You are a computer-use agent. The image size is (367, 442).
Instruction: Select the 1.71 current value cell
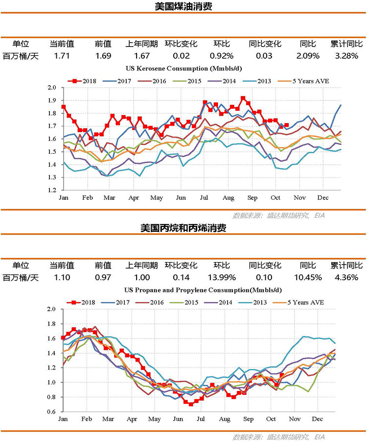62,56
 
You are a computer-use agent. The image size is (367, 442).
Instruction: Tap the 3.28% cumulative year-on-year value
346,56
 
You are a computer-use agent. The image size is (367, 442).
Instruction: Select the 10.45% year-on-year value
309,277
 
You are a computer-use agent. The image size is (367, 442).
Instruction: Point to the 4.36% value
346,277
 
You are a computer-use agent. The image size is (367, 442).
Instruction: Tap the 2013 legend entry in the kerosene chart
260,80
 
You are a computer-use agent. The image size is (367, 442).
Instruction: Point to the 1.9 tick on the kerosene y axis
52,100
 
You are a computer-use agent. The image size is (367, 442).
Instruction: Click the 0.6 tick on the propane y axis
52,412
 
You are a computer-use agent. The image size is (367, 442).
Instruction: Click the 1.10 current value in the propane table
62,277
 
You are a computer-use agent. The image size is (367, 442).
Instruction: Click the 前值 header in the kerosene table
103,44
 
